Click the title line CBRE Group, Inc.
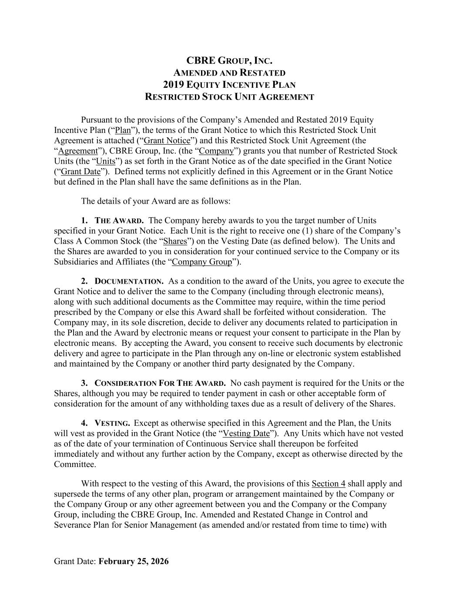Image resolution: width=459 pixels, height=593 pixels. tap(229, 61)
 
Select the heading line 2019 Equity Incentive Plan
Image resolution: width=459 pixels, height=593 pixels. tap(229, 85)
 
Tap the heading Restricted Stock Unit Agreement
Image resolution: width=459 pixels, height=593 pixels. tap(229, 97)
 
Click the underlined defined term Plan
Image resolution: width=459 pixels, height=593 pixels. tap(123, 130)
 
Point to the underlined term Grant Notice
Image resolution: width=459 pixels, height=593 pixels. tap(167, 141)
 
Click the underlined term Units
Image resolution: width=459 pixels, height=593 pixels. tap(106, 161)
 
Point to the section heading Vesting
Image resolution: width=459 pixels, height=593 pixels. tap(112, 424)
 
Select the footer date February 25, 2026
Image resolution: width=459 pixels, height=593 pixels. tap(134, 561)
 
